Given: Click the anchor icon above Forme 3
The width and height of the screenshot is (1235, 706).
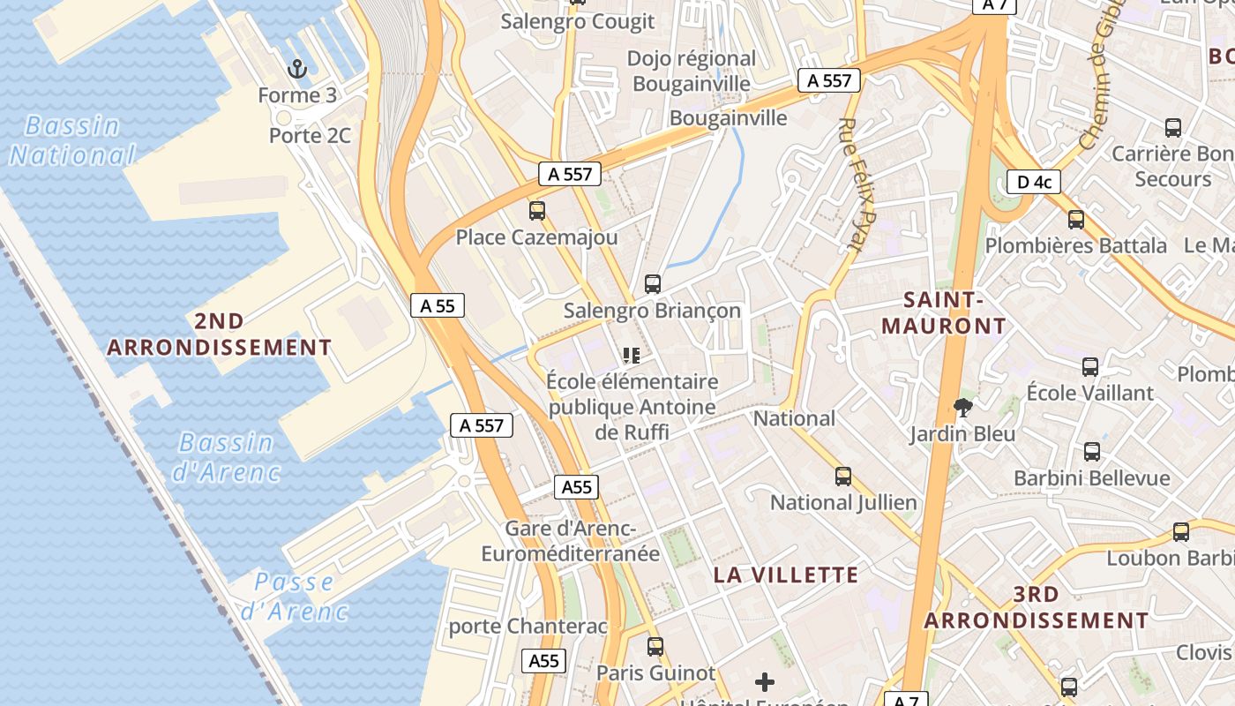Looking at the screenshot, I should pos(297,68).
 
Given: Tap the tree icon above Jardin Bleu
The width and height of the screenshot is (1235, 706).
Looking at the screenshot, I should pos(963,407).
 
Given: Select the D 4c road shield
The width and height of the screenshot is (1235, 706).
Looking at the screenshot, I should pos(1033,183).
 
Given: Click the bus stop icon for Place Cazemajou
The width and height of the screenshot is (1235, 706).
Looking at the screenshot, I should pos(536,211).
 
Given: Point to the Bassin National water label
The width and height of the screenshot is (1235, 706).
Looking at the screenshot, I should pos(71,140).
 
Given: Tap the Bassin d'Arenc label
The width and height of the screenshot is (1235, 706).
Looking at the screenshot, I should pos(225,457).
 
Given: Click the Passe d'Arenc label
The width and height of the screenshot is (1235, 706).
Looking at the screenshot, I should pos(295,596).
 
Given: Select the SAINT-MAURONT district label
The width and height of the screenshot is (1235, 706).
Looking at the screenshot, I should pos(943,313).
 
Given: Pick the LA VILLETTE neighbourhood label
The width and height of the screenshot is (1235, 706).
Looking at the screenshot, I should pos(785,575).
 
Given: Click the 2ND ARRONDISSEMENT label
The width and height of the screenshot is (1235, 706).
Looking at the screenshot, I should pos(220,334).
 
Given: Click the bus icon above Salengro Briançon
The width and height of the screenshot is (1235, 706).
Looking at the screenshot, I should pos(653,284).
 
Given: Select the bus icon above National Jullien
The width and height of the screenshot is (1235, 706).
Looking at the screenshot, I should pos(843,477).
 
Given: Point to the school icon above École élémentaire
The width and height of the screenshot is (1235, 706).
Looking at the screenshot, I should pos(631,356).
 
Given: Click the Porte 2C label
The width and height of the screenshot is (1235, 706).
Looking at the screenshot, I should pos(310,136).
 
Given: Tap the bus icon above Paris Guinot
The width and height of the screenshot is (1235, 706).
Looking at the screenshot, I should pos(655,647).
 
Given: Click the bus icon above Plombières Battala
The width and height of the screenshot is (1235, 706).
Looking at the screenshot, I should pos(1075,220).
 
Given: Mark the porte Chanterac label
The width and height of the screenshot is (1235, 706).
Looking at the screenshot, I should pos(528,627).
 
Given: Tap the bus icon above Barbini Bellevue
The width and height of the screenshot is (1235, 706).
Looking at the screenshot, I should pos(1092,452).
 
